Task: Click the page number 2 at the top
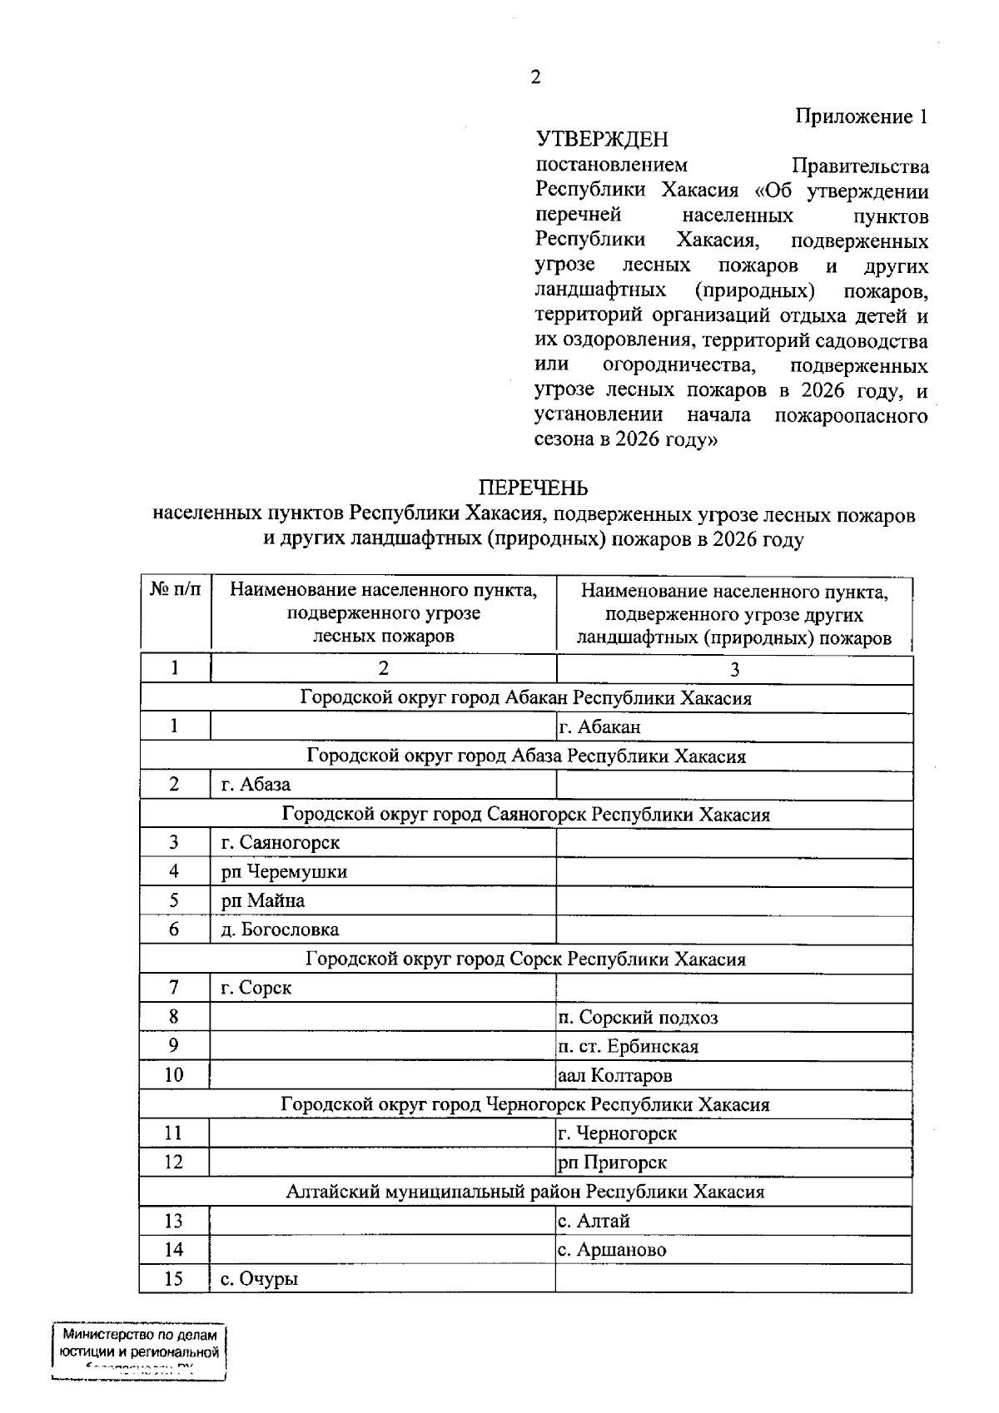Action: [534, 77]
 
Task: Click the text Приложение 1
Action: [861, 117]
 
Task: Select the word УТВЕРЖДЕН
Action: [602, 139]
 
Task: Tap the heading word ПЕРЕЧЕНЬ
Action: [533, 488]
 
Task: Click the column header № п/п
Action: [176, 591]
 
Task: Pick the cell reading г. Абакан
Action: [599, 727]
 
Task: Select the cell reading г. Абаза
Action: [256, 785]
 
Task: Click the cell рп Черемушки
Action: [284, 872]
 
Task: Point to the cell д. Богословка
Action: [280, 930]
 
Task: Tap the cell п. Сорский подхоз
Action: [638, 1018]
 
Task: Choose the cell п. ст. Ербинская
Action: [628, 1047]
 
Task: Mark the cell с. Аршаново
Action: [612, 1250]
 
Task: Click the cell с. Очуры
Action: [259, 1279]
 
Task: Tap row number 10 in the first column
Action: [173, 1075]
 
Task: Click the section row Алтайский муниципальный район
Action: [524, 1192]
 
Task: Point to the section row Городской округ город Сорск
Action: [524, 959]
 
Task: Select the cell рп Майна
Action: [262, 901]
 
